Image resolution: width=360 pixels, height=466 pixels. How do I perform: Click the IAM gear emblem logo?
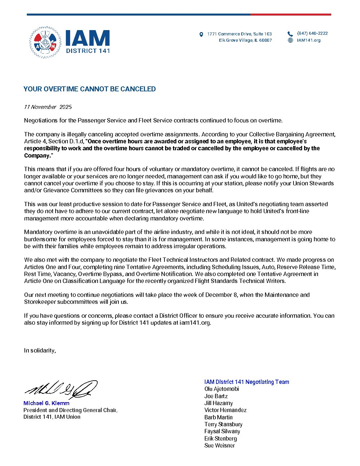(x=45, y=43)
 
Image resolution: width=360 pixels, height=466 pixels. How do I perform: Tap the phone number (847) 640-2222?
(x=312, y=33)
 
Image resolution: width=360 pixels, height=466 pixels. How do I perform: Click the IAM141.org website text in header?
(x=309, y=40)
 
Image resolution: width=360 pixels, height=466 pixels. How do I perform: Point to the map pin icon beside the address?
(x=201, y=34)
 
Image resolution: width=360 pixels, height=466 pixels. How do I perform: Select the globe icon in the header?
(x=291, y=40)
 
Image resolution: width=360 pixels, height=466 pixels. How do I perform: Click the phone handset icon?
(x=290, y=34)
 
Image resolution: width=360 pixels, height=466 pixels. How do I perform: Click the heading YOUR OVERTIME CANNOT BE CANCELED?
(x=89, y=89)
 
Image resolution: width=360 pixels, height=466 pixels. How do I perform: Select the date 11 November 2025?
(x=48, y=107)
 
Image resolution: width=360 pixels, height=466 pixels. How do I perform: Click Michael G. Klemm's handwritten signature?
(x=61, y=390)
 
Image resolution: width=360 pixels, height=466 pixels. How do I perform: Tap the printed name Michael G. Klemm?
(x=46, y=403)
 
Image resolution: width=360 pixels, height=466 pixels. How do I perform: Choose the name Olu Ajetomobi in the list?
(x=221, y=389)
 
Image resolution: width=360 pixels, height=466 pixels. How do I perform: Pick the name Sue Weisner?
(x=219, y=445)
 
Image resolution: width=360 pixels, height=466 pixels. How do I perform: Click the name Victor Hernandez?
(x=225, y=410)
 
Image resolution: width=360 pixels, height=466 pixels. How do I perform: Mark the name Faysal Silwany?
(x=222, y=431)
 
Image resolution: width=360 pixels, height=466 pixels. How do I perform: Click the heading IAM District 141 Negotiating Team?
(x=247, y=382)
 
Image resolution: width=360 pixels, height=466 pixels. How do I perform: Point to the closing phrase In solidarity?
(x=40, y=350)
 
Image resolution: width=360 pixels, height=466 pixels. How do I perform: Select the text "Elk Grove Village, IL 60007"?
(x=245, y=40)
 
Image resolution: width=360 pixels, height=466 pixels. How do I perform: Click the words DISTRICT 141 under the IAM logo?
(x=88, y=51)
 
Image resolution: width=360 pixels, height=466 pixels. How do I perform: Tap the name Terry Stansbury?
(x=223, y=424)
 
